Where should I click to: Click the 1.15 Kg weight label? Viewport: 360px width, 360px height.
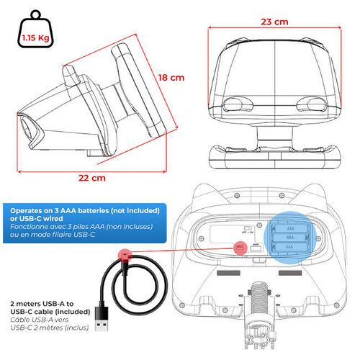(x=36, y=38)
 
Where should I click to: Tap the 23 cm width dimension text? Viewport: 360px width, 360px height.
(x=274, y=22)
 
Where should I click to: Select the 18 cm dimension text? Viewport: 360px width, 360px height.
(x=171, y=78)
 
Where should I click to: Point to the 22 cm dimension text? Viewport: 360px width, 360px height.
(x=92, y=178)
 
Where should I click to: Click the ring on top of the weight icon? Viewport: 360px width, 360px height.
(x=36, y=14)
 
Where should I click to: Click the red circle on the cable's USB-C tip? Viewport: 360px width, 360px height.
(x=125, y=256)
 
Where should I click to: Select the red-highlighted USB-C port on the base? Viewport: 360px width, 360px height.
(x=240, y=248)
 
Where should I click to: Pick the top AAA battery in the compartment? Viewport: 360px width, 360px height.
(x=290, y=229)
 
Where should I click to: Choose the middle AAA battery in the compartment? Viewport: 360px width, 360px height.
(x=290, y=238)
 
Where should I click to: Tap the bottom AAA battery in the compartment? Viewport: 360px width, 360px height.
(x=290, y=247)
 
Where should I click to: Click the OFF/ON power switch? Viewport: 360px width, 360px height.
(x=248, y=228)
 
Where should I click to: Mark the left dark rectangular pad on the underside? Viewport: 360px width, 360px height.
(x=228, y=273)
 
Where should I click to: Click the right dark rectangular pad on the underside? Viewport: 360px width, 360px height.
(x=290, y=273)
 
